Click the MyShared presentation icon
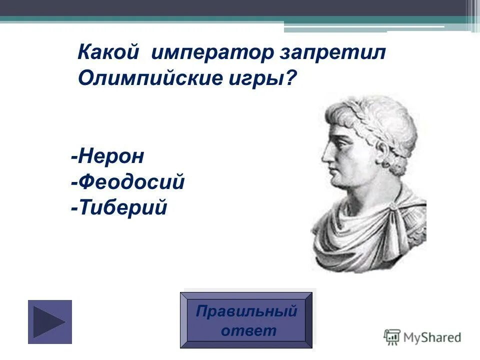392,337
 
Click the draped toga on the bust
370,235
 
